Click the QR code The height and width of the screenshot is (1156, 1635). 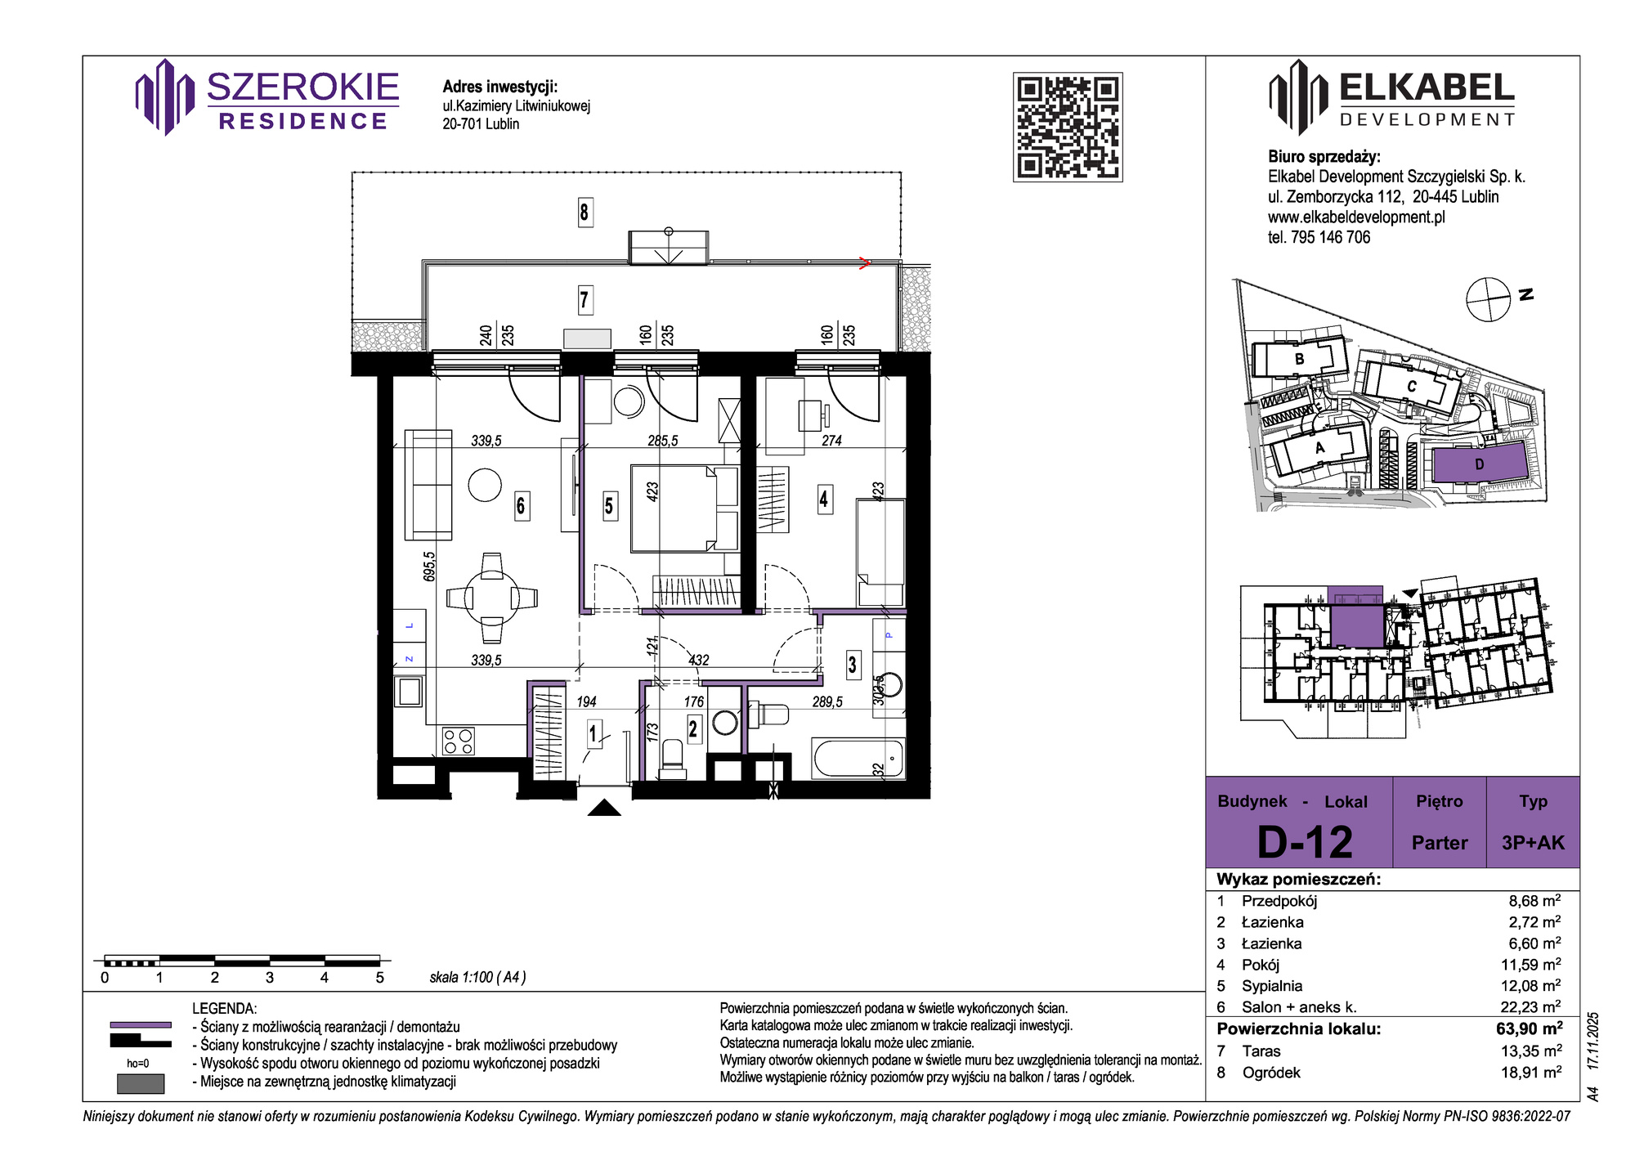tap(1068, 127)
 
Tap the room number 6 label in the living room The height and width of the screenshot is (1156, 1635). tap(521, 505)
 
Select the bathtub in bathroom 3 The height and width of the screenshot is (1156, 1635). tap(858, 758)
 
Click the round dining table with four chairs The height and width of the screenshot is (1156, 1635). tap(491, 598)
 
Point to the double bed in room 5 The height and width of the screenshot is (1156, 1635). tap(684, 508)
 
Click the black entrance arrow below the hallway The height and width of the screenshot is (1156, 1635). tap(604, 808)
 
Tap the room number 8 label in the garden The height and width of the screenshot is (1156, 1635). tap(584, 213)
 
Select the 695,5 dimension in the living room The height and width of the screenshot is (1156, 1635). tap(430, 566)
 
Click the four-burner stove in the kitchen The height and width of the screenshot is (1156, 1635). tap(459, 741)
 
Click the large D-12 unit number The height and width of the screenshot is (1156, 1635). tap(1305, 842)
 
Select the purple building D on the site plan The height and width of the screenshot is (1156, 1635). tap(1479, 464)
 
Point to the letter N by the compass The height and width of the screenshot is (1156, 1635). tap(1525, 294)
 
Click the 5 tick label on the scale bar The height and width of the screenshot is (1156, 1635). tap(379, 977)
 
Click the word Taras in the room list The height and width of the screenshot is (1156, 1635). tap(1261, 1051)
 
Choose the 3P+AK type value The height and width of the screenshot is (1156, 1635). tap(1533, 843)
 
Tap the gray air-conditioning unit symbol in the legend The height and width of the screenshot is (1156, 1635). tap(141, 1083)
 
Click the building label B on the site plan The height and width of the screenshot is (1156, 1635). tap(1300, 359)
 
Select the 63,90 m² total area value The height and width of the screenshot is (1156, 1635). tap(1530, 1028)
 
